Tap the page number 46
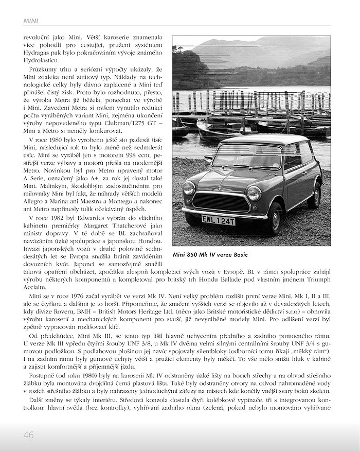coord(28,435)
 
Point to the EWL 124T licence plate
coord(218,220)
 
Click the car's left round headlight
coord(189,188)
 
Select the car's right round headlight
coord(254,193)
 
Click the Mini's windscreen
coord(247,156)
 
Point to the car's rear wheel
coord(314,195)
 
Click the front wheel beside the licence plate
coord(275,219)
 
